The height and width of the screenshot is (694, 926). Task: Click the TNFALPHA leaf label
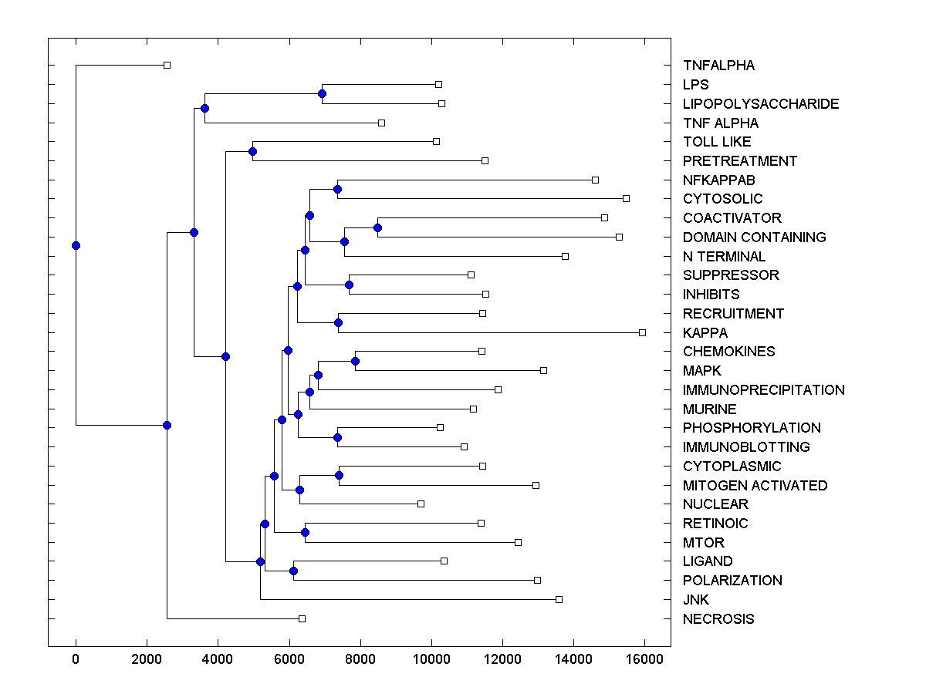tap(718, 66)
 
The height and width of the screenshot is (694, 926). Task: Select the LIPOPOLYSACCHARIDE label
tap(760, 104)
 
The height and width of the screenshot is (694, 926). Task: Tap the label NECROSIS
tap(718, 619)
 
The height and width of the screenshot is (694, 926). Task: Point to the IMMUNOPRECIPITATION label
tap(763, 390)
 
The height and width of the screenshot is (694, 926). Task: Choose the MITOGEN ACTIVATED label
tap(755, 486)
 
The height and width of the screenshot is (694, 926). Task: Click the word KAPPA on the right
tap(705, 333)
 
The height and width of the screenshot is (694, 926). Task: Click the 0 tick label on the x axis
tap(76, 659)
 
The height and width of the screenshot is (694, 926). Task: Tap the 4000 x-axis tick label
tap(218, 659)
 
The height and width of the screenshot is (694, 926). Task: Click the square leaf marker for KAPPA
tap(642, 332)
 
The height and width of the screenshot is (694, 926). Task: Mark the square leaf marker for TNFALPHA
tap(167, 66)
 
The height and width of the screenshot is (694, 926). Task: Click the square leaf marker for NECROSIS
tap(302, 618)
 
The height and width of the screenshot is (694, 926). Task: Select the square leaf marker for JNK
tap(559, 599)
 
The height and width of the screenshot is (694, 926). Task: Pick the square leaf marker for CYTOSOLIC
tap(626, 198)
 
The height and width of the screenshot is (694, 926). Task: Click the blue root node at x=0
tap(76, 245)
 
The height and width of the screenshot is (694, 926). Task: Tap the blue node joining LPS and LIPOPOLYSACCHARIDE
tap(322, 93)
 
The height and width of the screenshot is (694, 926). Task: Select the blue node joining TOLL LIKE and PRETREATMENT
tap(252, 151)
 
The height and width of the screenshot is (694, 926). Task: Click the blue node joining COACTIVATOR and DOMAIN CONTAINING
tap(377, 227)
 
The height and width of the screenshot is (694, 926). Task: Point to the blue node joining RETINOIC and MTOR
tap(305, 532)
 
